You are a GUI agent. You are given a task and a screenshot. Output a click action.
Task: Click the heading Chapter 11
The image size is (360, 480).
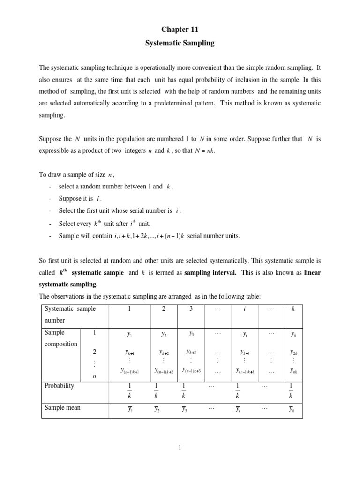tap(180, 29)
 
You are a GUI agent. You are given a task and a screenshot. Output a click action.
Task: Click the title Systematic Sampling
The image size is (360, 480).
tap(180, 43)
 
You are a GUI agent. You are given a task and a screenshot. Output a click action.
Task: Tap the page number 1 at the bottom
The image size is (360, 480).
tap(180, 449)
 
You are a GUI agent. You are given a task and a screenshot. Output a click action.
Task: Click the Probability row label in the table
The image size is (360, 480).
tap(59, 386)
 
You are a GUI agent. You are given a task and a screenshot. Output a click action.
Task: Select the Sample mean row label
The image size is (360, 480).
tap(62, 407)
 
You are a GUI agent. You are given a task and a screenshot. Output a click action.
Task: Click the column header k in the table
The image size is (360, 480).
tap(293, 308)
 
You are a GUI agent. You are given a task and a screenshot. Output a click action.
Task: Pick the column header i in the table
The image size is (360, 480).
tap(245, 308)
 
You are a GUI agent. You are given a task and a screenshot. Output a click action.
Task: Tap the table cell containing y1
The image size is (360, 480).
tap(129, 334)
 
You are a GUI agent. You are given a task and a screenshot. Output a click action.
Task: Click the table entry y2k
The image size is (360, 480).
tap(293, 352)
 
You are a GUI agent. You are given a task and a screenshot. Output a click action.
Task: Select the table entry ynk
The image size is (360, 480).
tap(293, 371)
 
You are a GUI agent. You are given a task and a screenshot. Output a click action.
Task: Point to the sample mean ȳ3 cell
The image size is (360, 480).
tap(185, 409)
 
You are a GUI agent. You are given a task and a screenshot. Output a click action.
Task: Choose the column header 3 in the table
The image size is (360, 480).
tap(190, 308)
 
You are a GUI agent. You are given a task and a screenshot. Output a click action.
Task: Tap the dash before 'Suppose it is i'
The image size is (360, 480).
tap(50, 199)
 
